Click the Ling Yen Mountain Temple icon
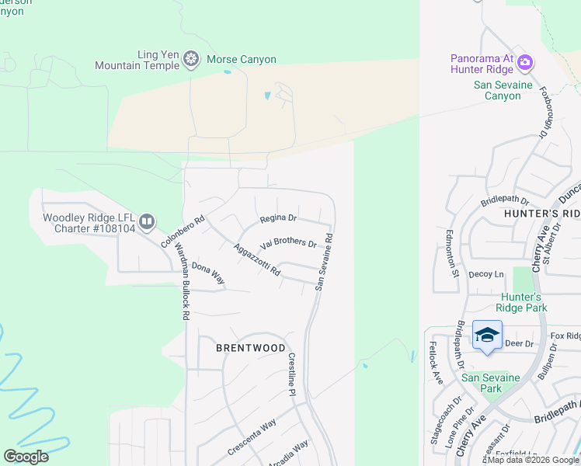click(x=191, y=59)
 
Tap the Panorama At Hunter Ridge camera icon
click(x=525, y=61)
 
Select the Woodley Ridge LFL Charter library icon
click(x=147, y=222)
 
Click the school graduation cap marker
click(x=487, y=336)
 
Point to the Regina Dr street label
click(x=278, y=218)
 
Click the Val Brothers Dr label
click(x=289, y=244)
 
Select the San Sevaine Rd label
click(x=324, y=262)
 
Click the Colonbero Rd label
click(x=183, y=231)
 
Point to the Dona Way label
click(x=208, y=273)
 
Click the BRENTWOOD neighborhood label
click(x=251, y=349)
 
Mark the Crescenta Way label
click(x=252, y=437)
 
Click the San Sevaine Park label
click(x=491, y=383)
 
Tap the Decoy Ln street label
click(x=487, y=274)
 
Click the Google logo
click(x=26, y=457)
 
